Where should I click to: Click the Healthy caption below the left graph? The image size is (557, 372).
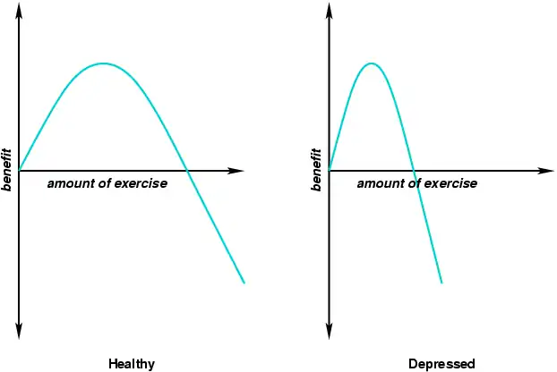[x=132, y=364]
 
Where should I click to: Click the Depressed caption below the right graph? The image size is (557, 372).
[x=441, y=364]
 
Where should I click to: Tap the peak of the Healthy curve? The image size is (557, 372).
[x=104, y=63]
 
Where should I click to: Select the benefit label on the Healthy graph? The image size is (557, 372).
[x=7, y=169]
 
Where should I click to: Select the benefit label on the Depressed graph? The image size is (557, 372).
[x=317, y=169]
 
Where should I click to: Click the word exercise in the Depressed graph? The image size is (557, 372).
[x=448, y=183]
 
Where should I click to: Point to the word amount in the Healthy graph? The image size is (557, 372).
[x=68, y=183]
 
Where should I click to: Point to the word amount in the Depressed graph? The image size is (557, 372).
[x=378, y=183]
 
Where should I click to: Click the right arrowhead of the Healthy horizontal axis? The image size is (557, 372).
[x=238, y=170]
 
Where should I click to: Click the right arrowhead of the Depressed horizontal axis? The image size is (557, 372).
[x=548, y=170]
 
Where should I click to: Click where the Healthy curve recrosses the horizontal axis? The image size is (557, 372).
[x=185, y=170]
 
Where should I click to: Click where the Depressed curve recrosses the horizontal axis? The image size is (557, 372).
[x=414, y=170]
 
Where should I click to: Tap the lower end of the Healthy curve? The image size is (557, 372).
[x=244, y=283]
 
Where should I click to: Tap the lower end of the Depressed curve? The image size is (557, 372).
[x=441, y=283]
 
